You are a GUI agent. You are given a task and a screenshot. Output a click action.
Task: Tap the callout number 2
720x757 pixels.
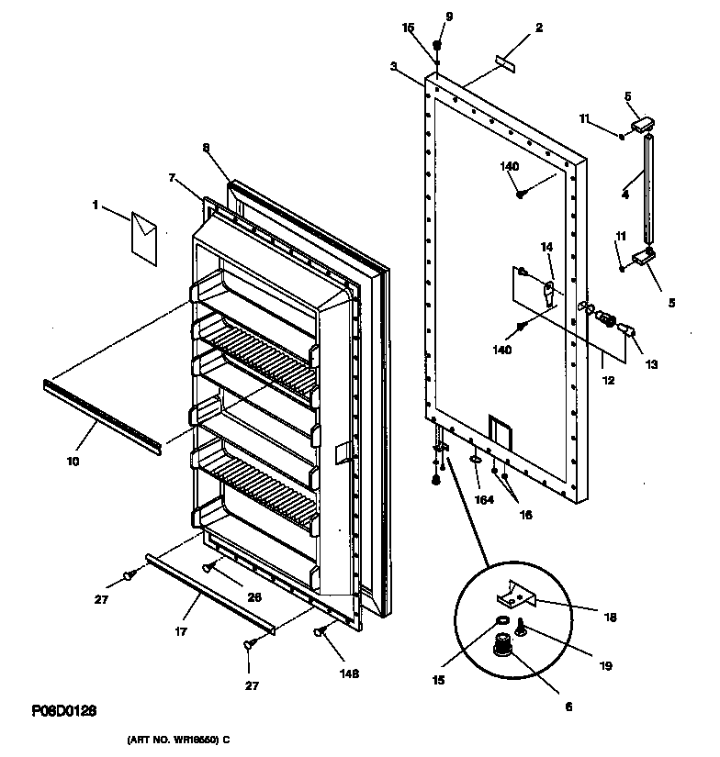click(x=539, y=28)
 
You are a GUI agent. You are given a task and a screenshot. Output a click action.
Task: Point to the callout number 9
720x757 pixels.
click(x=449, y=16)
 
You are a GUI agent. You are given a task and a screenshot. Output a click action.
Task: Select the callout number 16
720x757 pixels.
click(x=525, y=515)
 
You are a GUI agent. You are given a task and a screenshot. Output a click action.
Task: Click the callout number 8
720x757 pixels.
click(x=207, y=147)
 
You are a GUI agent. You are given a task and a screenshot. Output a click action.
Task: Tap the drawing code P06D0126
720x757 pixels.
click(x=65, y=711)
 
